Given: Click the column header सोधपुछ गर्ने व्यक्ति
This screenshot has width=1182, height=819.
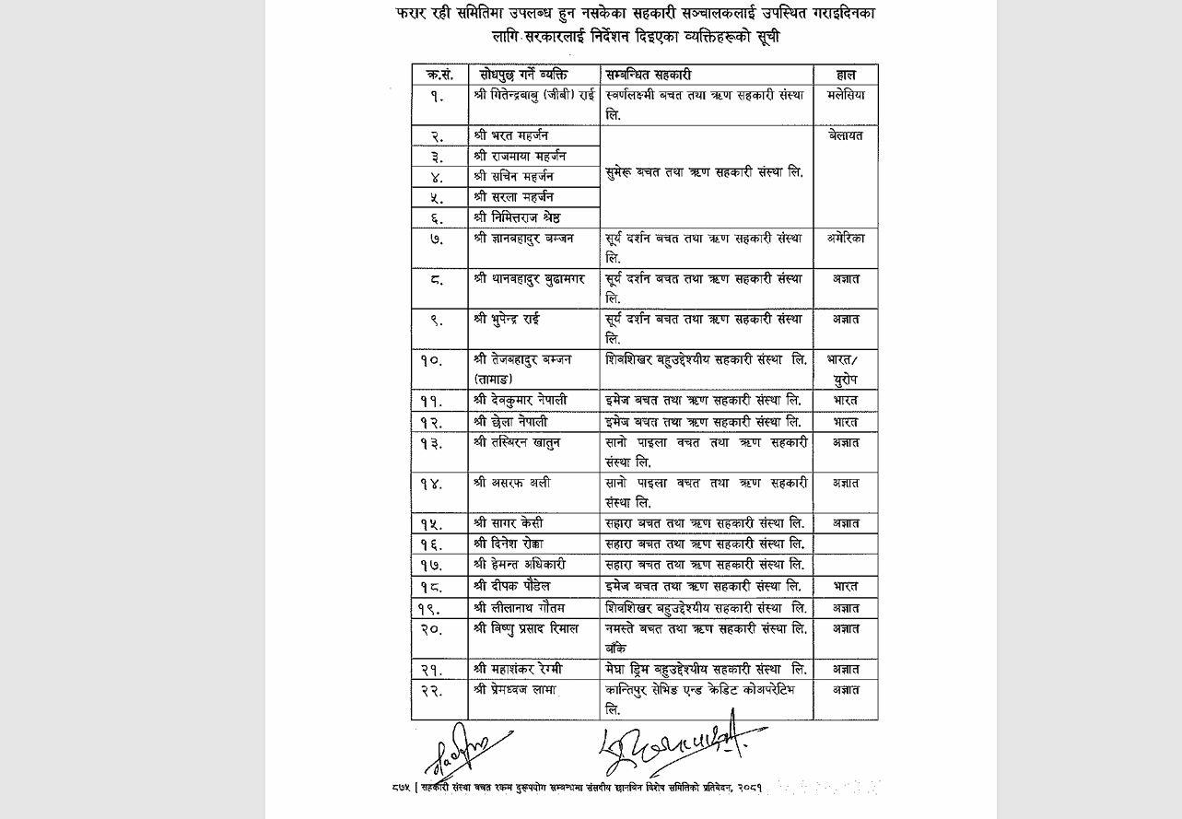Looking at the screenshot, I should click(521, 74).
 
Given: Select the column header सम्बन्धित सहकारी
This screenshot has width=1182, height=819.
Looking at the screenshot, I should click(649, 74).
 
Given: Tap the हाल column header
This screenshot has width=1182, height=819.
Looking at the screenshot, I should click(846, 74).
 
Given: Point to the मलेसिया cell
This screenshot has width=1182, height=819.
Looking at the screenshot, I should click(846, 95).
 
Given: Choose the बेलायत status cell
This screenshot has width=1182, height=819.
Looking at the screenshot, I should click(846, 135).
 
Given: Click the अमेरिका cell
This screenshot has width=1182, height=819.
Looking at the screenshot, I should click(846, 238).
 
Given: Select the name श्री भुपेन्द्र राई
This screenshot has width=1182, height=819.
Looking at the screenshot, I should click(506, 319).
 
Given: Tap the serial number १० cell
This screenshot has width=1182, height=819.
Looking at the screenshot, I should click(431, 361).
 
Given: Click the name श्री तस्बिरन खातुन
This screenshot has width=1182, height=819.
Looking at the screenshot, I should click(516, 442).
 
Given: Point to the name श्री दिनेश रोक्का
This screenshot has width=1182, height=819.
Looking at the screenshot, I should click(509, 544).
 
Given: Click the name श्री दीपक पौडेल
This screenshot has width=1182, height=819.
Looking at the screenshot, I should click(511, 586).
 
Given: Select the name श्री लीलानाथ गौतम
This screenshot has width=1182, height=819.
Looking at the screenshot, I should click(519, 608).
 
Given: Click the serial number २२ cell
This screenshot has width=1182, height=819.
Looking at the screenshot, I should click(431, 691).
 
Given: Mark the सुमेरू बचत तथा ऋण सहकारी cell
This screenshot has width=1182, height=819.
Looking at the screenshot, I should click(705, 172).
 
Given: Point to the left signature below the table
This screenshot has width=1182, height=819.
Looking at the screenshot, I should click(465, 748).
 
